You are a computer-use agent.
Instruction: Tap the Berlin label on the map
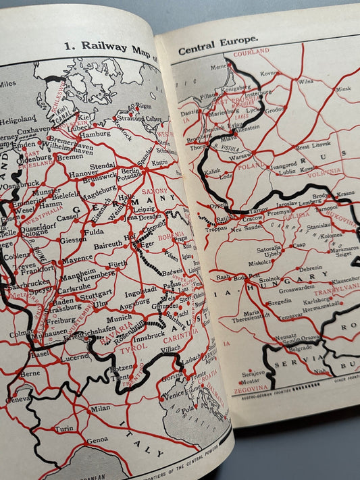pos(131,171)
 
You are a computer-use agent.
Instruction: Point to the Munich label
pos(100,317)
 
